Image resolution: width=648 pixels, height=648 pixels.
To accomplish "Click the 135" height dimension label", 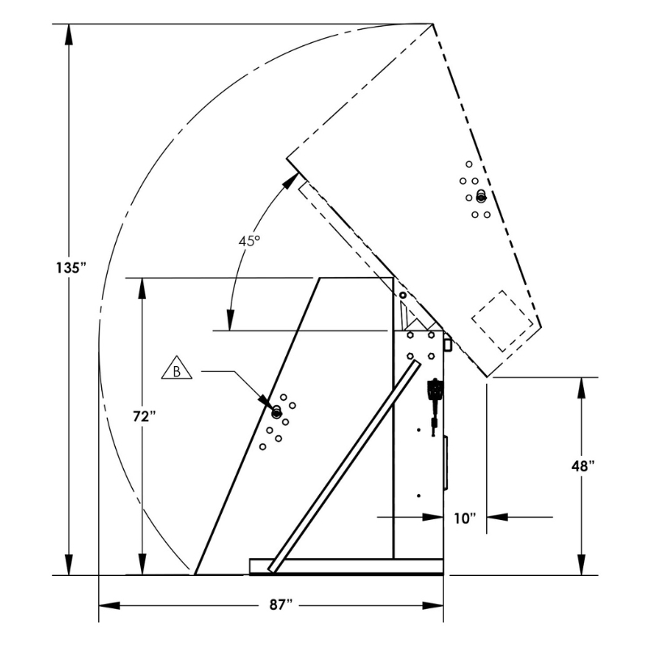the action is (70, 268).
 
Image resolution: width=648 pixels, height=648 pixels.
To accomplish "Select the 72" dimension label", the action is (144, 416).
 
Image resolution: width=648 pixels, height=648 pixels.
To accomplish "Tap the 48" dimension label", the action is (582, 467).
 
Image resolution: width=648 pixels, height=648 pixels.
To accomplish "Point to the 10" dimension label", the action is (465, 518).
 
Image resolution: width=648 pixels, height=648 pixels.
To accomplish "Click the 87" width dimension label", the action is (281, 605).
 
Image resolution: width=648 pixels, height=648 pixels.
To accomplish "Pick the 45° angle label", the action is (249, 241).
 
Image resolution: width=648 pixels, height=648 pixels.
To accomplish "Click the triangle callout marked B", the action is (177, 369).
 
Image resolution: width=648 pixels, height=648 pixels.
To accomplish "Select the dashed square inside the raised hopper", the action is (502, 321).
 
